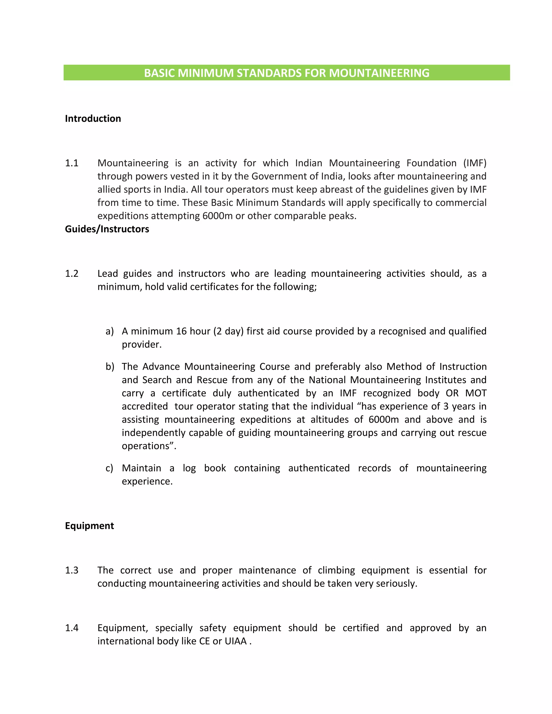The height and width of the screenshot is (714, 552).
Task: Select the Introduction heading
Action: [93, 119]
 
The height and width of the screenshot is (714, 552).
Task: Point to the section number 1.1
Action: [72, 163]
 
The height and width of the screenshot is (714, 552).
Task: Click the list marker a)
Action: [109, 331]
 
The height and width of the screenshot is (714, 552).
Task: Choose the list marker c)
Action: [109, 468]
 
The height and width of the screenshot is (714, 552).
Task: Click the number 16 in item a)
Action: [181, 331]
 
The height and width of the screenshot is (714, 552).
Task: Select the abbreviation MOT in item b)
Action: [476, 393]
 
